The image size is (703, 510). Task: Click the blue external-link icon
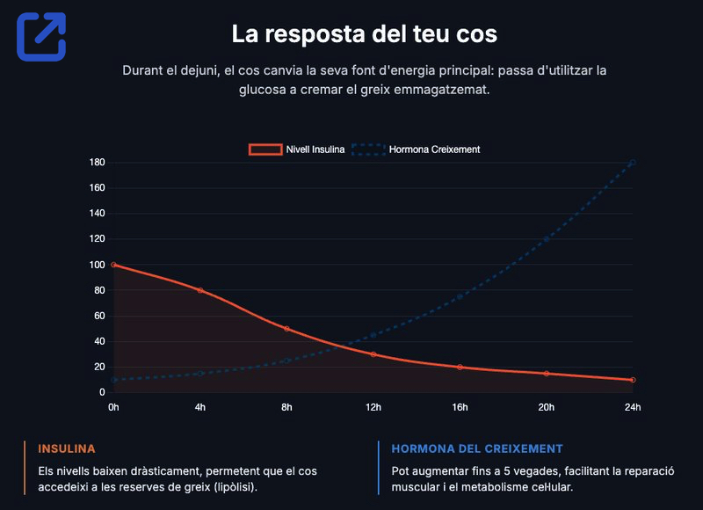41,36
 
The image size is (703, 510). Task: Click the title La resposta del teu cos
364,34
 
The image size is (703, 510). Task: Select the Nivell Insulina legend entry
296,149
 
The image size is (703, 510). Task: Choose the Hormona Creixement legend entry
416,149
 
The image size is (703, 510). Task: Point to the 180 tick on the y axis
97,163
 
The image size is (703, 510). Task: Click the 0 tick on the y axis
102,392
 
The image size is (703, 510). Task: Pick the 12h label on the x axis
373,407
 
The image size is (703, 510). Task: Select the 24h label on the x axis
633,407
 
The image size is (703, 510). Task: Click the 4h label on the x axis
200,407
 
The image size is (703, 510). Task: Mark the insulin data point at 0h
113,265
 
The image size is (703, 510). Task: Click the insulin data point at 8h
286,329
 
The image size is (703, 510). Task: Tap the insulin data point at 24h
633,380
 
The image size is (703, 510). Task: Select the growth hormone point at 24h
633,163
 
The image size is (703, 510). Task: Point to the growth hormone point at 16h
460,296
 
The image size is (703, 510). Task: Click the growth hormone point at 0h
113,380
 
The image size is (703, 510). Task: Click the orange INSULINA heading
67,448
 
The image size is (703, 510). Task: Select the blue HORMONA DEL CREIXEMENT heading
477,448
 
